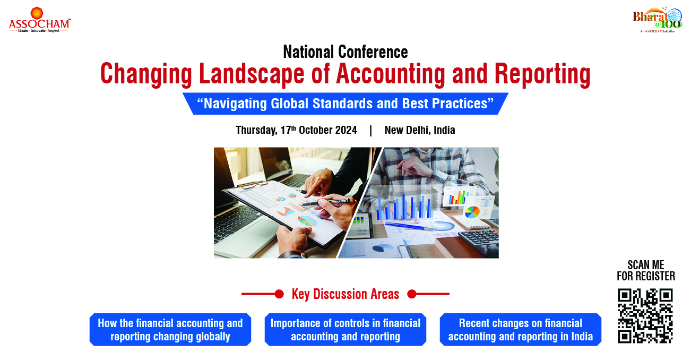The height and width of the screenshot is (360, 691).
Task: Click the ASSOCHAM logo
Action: point(39,20)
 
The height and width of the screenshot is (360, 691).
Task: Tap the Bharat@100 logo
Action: point(658,20)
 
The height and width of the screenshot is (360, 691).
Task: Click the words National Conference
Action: point(346,52)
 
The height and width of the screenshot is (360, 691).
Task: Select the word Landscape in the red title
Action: point(252,74)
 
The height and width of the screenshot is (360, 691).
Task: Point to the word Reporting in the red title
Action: point(542,74)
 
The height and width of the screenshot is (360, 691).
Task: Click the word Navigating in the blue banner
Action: point(235,104)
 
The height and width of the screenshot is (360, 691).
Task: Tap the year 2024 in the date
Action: point(346,130)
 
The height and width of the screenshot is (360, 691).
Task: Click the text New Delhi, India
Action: point(420,130)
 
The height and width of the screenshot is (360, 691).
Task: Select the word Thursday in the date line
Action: point(256,130)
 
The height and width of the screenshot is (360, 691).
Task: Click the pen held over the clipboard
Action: point(325,202)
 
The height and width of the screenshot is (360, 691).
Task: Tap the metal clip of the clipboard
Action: point(252,185)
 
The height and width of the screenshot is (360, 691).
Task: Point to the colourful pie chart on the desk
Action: point(472,212)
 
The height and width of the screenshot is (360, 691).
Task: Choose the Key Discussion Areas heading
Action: point(345,294)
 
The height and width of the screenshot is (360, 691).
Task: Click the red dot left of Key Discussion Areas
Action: point(279,294)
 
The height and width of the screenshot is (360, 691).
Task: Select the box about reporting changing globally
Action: point(170,329)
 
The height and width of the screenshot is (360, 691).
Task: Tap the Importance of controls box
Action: point(345,329)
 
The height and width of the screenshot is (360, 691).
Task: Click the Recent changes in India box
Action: point(521,329)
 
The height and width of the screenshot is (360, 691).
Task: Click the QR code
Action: point(645,316)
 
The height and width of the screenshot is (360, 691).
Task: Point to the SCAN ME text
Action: point(646,265)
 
